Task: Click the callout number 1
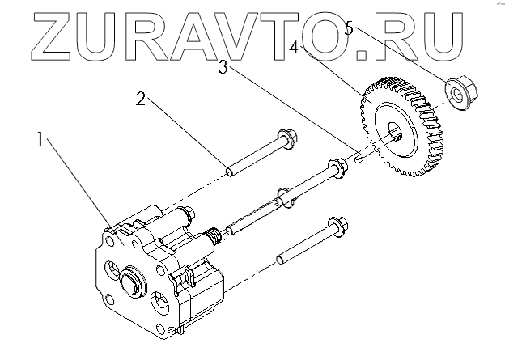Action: coord(40,140)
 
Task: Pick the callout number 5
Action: coord(349,28)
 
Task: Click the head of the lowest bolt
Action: coord(337,222)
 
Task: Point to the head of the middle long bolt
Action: coord(333,168)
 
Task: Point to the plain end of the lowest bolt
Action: coord(280,260)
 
